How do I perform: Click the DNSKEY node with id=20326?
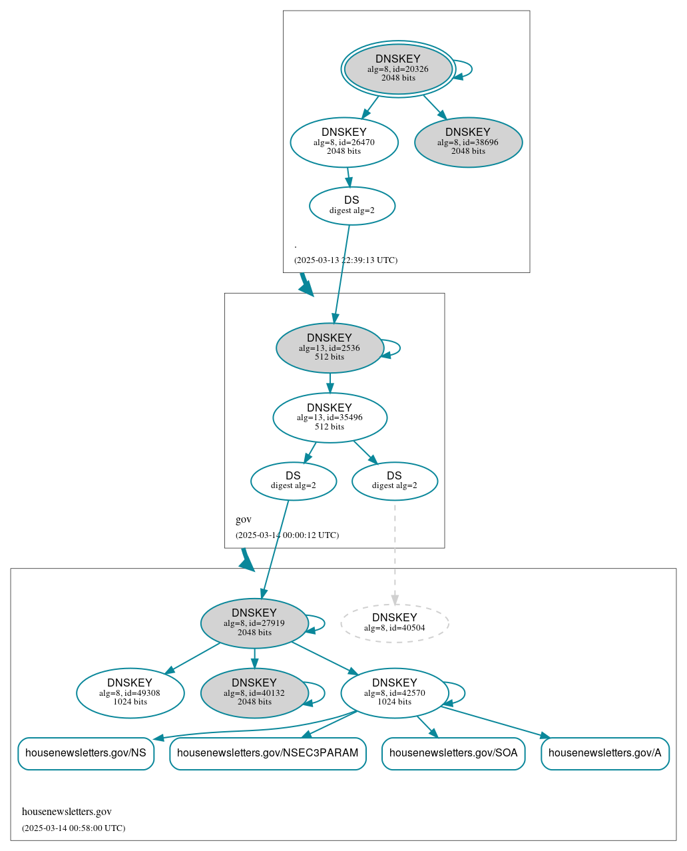coord(398,69)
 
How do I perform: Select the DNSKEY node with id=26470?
coord(344,142)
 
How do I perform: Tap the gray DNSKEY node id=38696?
coord(468,142)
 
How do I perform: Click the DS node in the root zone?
coord(351,205)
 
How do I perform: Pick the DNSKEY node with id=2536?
coord(330,348)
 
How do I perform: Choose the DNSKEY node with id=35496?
coord(330,418)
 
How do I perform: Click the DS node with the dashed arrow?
coord(394,481)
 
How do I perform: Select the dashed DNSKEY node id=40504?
coord(394,623)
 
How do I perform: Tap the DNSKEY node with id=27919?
coord(254,623)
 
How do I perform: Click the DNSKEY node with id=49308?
coord(130,693)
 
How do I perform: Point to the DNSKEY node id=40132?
coord(254,693)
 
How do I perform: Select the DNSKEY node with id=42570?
coord(394,693)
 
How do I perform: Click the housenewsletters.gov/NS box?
coord(86,753)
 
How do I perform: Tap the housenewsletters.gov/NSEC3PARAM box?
coord(268,753)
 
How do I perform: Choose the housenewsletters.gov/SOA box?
coord(453,753)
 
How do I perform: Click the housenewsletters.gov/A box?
coord(605,753)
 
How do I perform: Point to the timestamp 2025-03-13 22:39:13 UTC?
coord(345,260)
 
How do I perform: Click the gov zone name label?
coord(244,519)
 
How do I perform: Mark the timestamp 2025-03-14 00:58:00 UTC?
coord(73,828)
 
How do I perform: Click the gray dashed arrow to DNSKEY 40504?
coord(395,553)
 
